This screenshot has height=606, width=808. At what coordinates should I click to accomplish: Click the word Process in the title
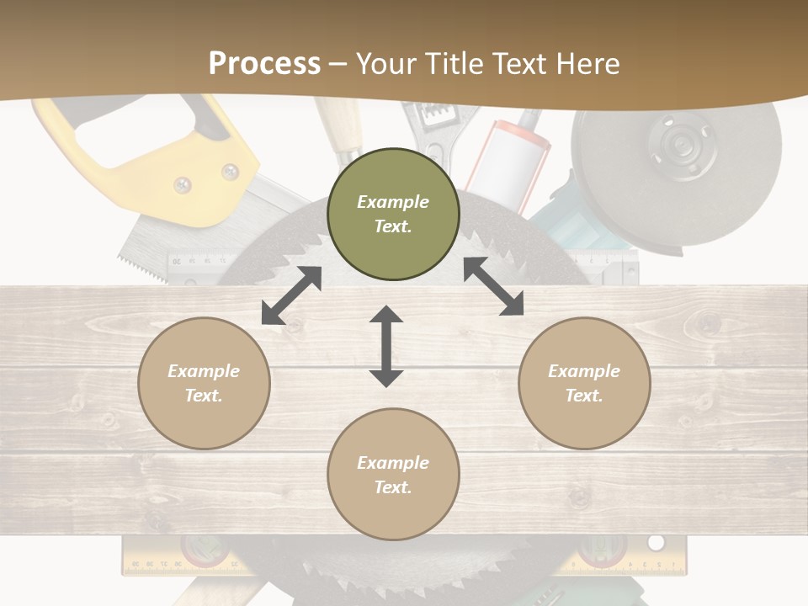pyautogui.click(x=264, y=64)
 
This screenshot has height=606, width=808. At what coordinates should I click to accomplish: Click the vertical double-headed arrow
pyautogui.click(x=386, y=346)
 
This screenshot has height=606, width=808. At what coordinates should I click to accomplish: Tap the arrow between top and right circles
pyautogui.click(x=493, y=286)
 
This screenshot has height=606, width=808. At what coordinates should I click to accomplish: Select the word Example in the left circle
pyautogui.click(x=204, y=371)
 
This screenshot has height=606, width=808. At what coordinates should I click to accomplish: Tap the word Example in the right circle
pyautogui.click(x=584, y=371)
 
